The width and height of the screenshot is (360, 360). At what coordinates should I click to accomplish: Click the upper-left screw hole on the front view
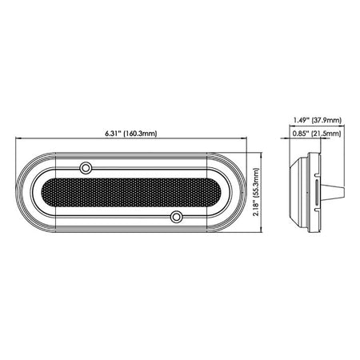(86, 167)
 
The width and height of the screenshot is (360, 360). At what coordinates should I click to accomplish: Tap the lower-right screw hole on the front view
(178, 216)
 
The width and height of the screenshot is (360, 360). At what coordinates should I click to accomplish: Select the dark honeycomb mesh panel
(132, 192)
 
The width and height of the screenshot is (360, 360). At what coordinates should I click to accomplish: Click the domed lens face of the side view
(294, 193)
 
